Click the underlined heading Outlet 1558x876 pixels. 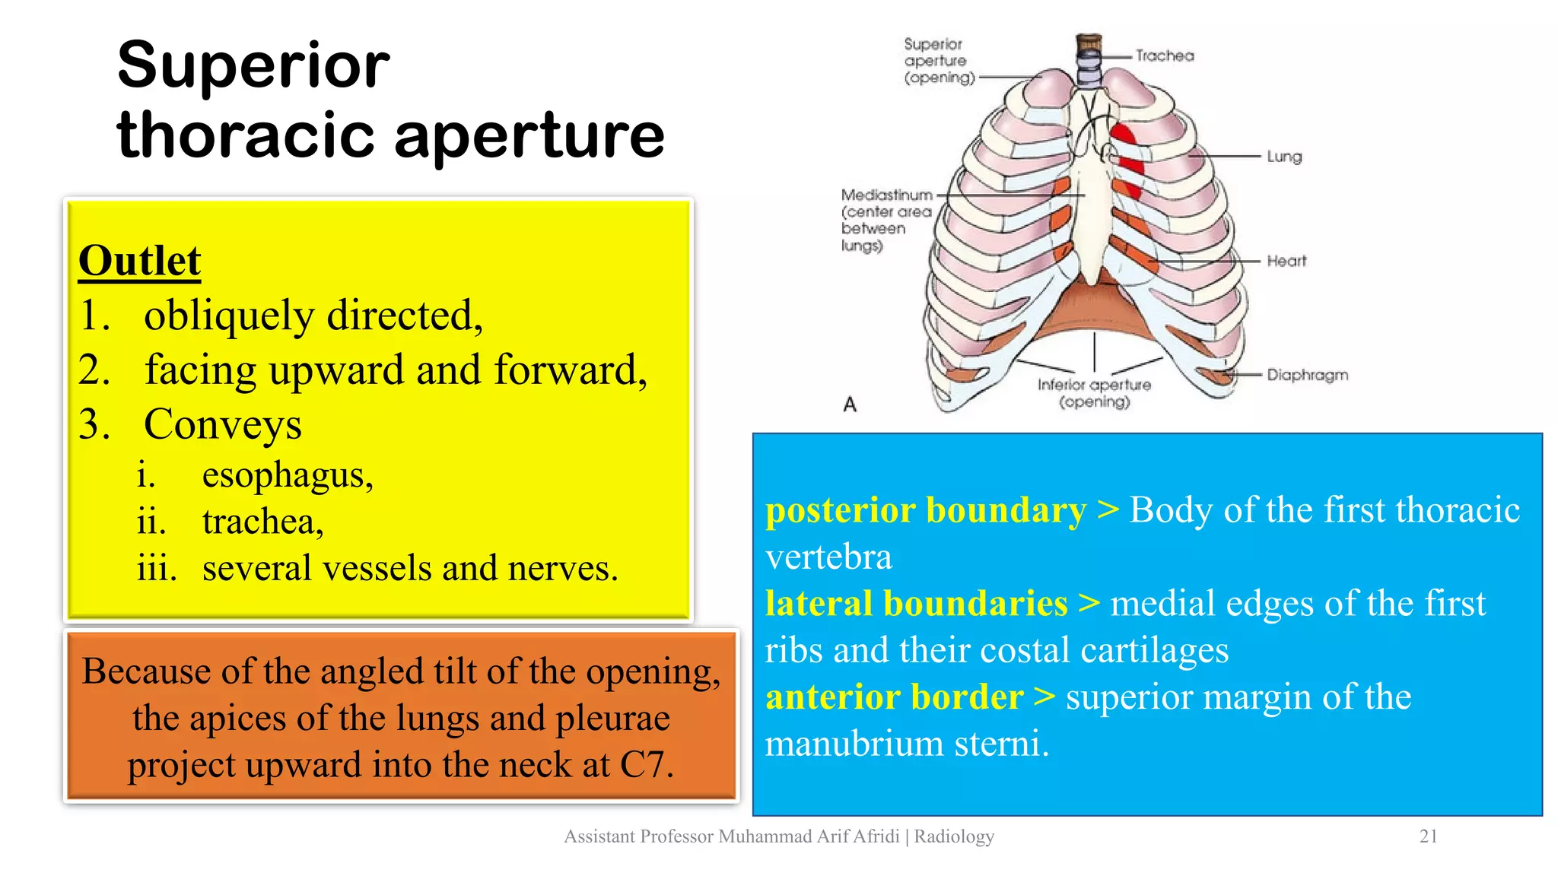[139, 261]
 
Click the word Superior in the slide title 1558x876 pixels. [253, 65]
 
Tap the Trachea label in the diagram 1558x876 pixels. [1164, 56]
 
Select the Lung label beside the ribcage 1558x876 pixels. [1284, 157]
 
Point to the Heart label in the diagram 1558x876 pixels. [1286, 261]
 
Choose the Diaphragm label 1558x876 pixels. [1307, 375]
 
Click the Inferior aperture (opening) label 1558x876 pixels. [1094, 393]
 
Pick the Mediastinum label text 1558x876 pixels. [886, 195]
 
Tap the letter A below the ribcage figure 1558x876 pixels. [850, 404]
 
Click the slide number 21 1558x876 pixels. [1428, 836]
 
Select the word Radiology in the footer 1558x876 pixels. [954, 836]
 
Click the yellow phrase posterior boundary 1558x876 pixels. [926, 510]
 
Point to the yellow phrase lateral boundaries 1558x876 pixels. [916, 604]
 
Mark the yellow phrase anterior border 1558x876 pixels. [894, 697]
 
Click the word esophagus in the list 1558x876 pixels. [288, 476]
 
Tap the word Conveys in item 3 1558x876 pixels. [223, 424]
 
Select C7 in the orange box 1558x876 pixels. [643, 765]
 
